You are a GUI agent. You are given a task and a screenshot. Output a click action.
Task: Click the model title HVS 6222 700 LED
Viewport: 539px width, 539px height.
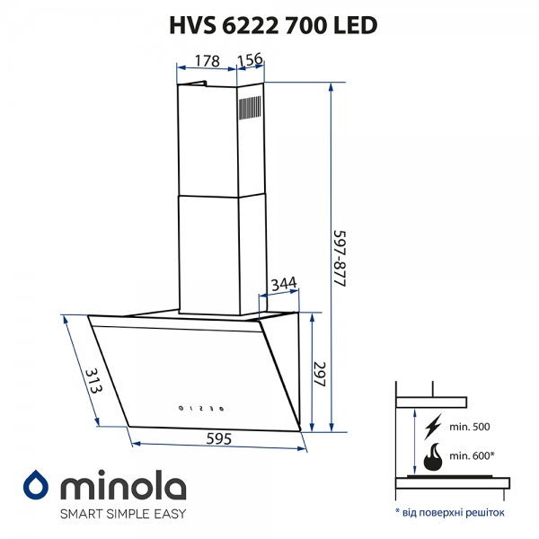tap(273, 25)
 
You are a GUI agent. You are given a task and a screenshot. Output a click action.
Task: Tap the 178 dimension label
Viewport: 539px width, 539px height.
tap(207, 61)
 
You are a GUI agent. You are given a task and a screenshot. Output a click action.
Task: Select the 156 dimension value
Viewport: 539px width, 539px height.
tap(250, 59)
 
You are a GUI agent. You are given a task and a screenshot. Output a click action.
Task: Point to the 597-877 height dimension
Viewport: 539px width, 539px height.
tap(340, 259)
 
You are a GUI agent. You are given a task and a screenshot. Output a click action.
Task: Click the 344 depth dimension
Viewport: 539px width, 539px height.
tap(284, 284)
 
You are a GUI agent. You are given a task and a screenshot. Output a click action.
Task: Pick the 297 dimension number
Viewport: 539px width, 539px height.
tap(320, 375)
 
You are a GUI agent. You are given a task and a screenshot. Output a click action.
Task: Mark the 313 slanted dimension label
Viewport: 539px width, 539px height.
tap(93, 381)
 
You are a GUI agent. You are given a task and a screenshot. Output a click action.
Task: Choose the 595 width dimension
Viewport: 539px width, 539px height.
tap(218, 438)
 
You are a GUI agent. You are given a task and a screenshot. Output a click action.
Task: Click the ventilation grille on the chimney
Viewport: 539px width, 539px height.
tap(250, 109)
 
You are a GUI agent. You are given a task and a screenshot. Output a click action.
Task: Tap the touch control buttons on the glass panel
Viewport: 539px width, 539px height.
tap(201, 409)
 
